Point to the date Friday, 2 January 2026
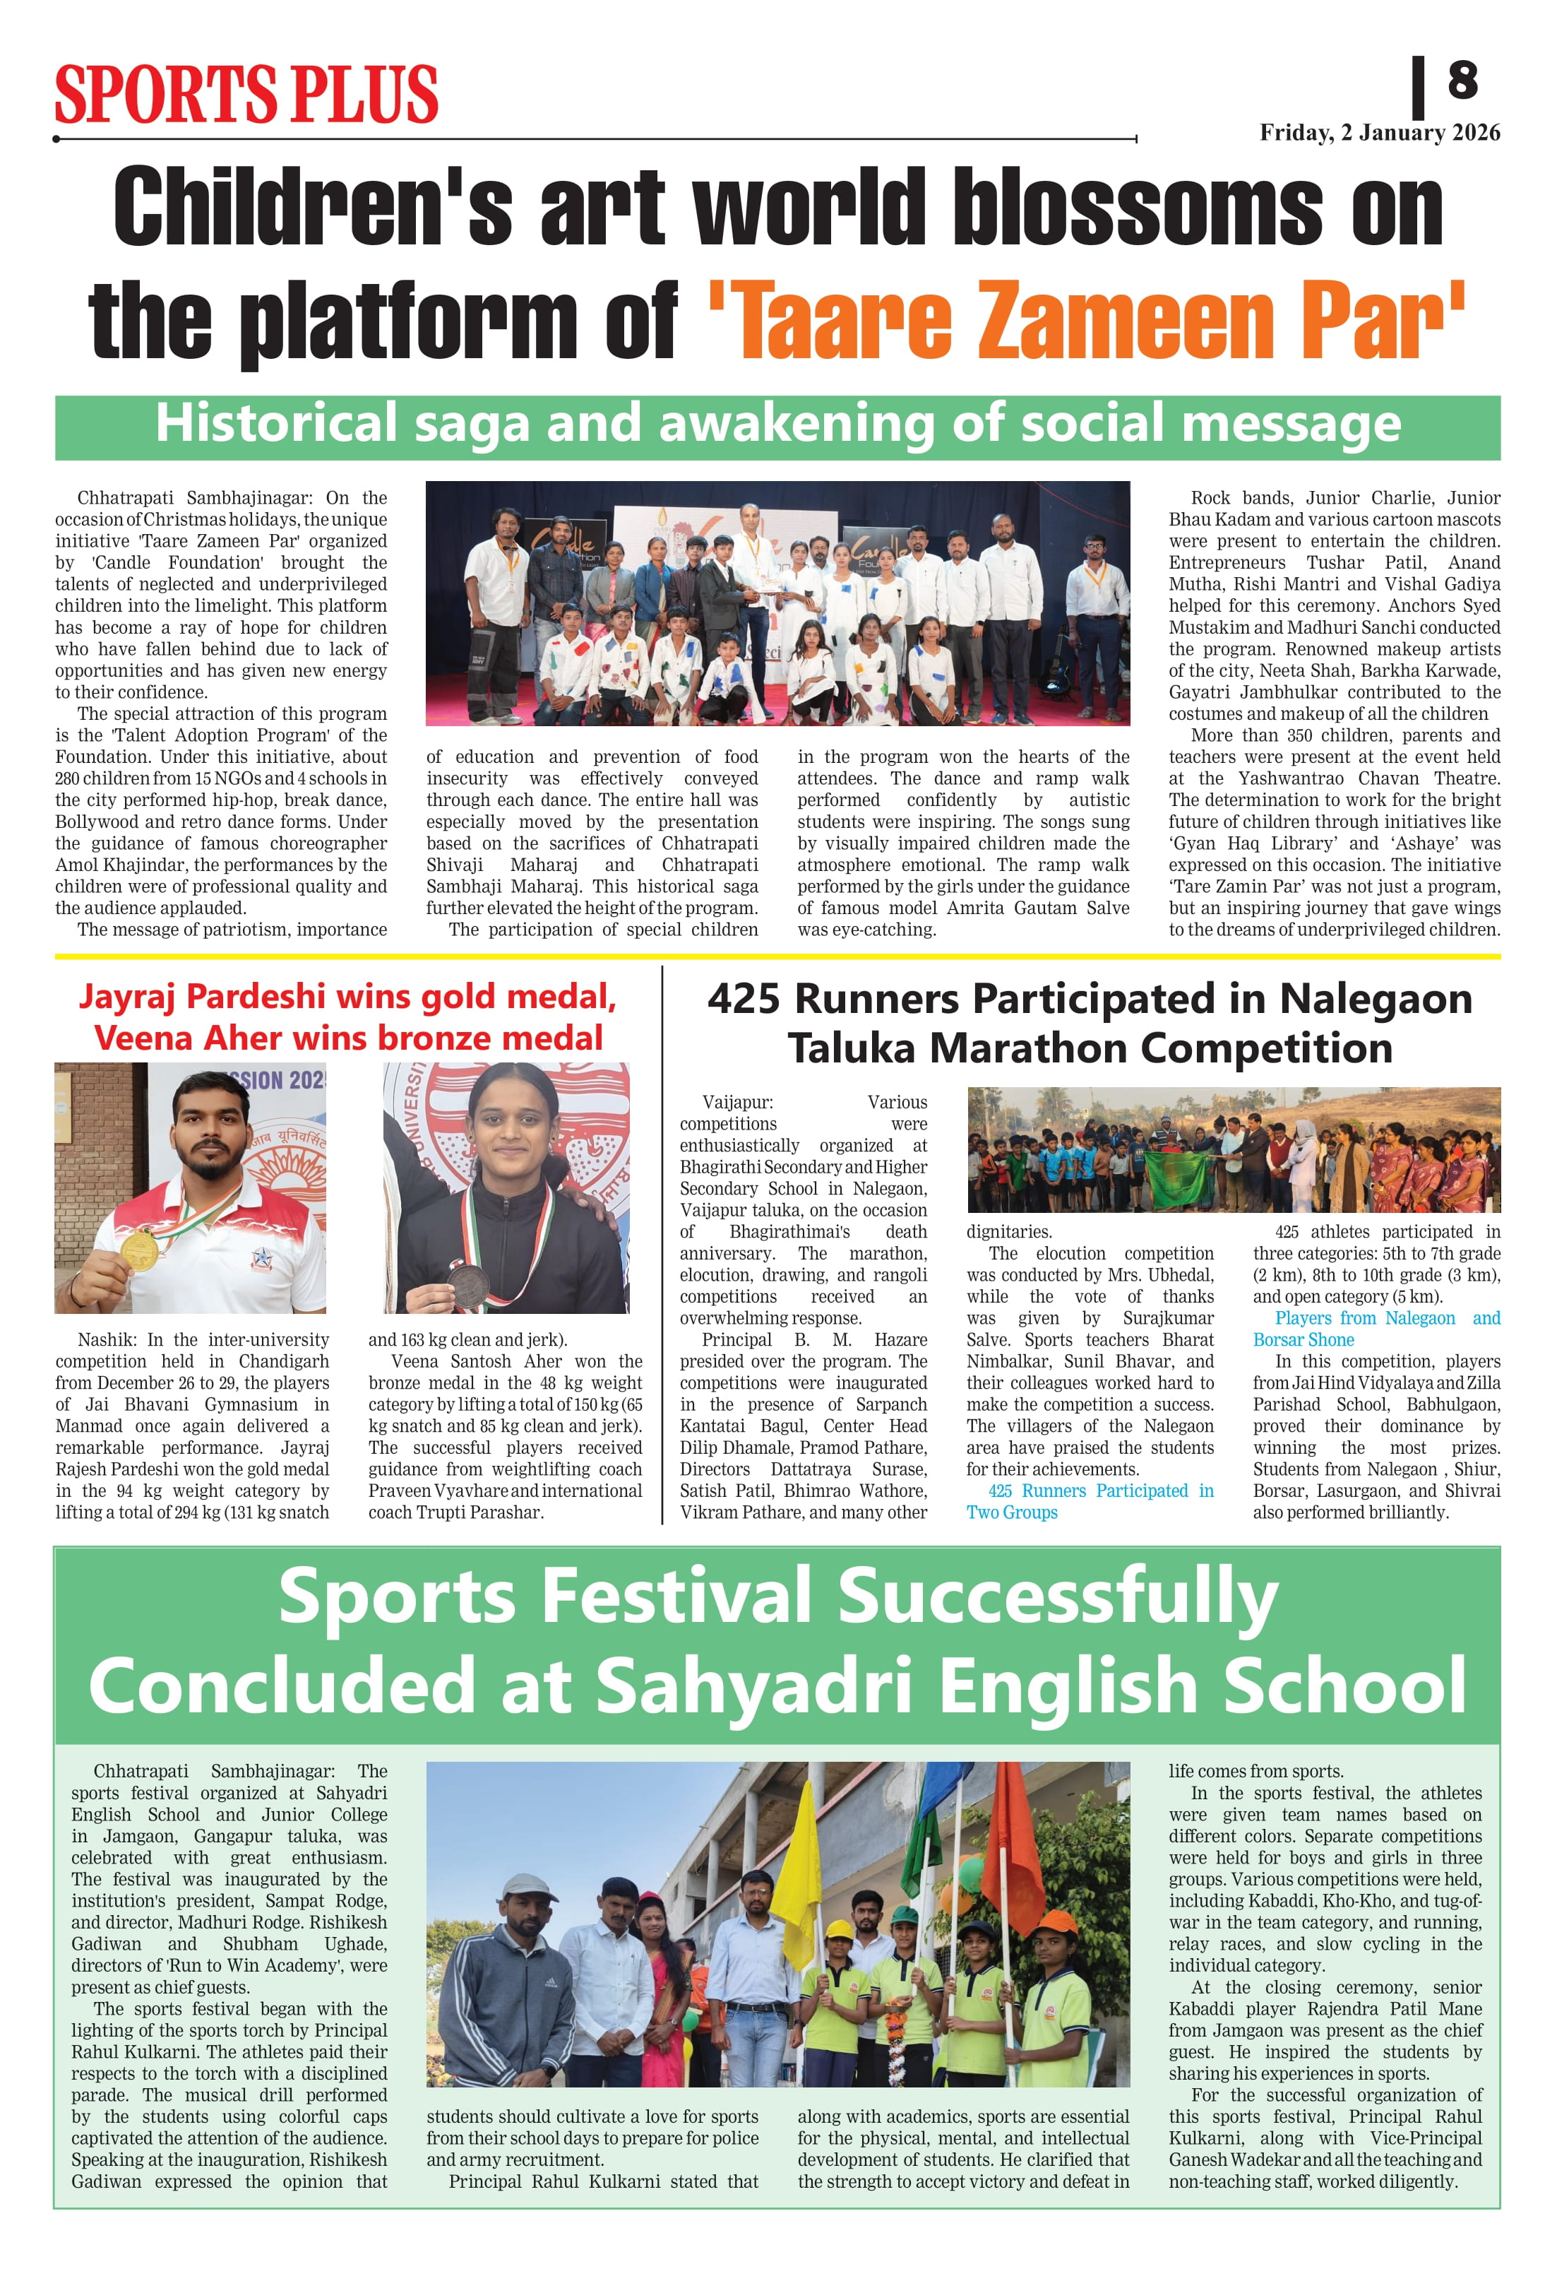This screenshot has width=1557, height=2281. pyautogui.click(x=1380, y=133)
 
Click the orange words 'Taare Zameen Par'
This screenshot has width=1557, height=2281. pyautogui.click(x=1086, y=319)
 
